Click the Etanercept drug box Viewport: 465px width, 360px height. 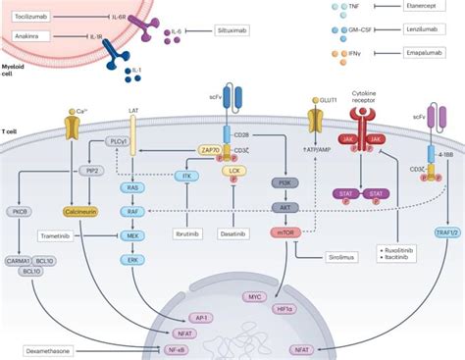point(429,7)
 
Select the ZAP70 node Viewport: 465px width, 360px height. point(209,151)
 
